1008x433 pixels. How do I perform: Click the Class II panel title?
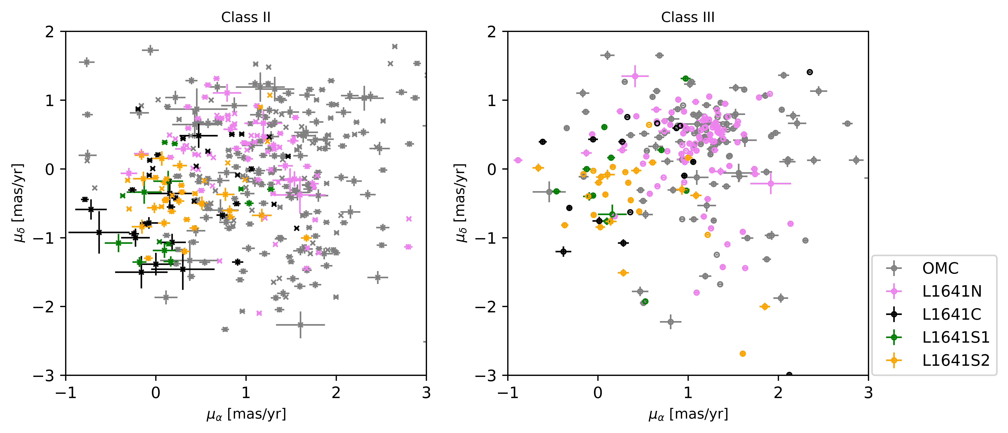coord(246,17)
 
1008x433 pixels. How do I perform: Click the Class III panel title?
coord(688,17)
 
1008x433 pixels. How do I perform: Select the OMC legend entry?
coord(940,268)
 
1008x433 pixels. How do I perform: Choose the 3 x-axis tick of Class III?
coord(868,392)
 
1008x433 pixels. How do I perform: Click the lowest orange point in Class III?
coord(743,354)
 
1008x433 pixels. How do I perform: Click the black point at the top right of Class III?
coord(810,72)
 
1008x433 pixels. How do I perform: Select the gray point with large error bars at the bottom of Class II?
coord(300,325)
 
